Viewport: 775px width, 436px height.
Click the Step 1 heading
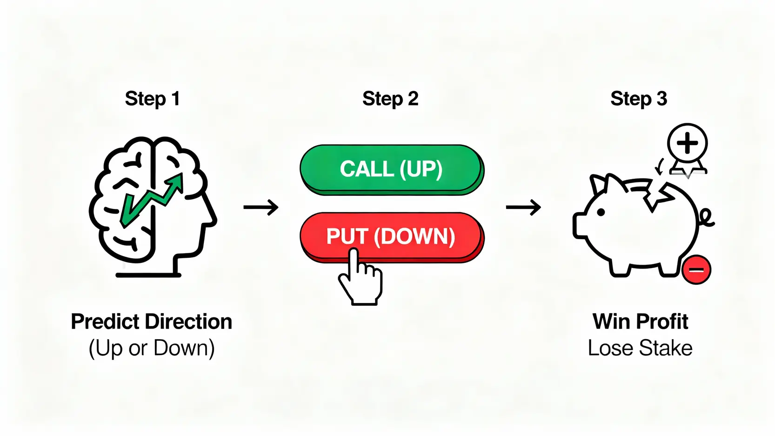(152, 99)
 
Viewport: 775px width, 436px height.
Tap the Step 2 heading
(390, 99)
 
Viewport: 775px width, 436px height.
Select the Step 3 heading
(639, 99)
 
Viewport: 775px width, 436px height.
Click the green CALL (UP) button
(391, 168)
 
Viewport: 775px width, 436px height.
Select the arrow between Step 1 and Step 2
(261, 207)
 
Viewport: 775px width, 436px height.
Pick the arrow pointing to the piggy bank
(523, 207)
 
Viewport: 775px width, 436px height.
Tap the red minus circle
(696, 269)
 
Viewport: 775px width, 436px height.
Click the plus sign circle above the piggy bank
(687, 143)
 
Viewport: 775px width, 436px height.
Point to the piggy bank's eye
(601, 212)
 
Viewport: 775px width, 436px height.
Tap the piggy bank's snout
(580, 226)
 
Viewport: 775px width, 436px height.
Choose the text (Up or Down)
(152, 348)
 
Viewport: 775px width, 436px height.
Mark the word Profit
(662, 322)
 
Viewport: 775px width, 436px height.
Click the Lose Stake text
(640, 348)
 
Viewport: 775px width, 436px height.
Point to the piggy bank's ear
(600, 184)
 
